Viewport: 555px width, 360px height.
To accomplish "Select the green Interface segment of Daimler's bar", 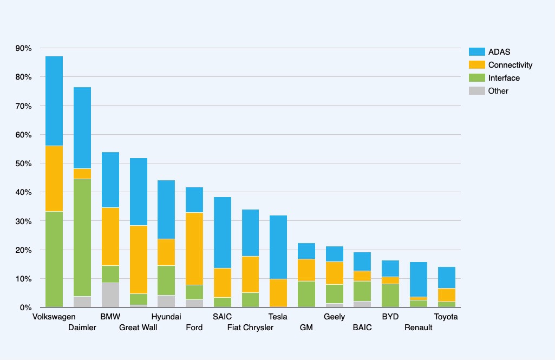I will (82, 238).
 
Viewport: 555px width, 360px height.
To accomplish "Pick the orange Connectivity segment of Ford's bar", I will (194, 248).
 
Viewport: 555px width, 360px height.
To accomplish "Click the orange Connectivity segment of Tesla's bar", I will (278, 293).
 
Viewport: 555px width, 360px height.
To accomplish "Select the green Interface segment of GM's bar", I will (306, 294).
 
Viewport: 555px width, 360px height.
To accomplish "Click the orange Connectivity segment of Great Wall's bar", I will (139, 259).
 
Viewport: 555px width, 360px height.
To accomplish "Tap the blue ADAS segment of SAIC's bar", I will (223, 232).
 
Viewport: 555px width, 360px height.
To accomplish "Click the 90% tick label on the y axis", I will (23, 48).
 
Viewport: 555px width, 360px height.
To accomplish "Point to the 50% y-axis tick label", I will (23, 163).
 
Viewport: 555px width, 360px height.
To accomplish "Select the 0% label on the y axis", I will (25, 307).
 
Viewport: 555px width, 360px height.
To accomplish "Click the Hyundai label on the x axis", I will (166, 317).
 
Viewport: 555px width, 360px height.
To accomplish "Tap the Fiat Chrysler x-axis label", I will (250, 328).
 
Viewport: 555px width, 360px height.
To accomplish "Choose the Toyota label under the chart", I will (446, 317).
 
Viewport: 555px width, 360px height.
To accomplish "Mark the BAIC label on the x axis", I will (362, 328).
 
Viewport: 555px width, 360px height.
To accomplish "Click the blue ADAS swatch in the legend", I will (476, 52).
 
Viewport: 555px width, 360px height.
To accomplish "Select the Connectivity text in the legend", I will (510, 65).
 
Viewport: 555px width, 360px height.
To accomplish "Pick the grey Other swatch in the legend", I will (476, 91).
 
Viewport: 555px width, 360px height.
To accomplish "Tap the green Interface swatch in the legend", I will (476, 78).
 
